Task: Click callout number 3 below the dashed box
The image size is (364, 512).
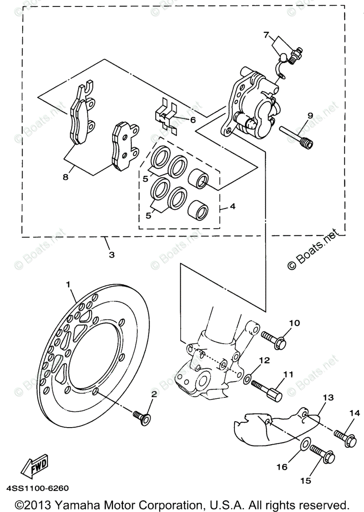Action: click(112, 255)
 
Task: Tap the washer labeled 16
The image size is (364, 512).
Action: click(305, 445)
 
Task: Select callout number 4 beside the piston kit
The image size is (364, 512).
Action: click(232, 206)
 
